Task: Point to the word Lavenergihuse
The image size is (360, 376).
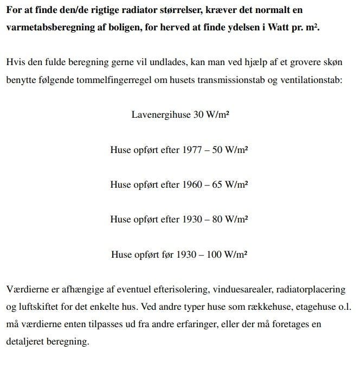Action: point(161,114)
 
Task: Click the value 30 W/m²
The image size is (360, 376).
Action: point(211,114)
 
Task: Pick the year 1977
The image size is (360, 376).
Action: point(192,150)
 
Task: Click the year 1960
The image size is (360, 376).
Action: point(192,184)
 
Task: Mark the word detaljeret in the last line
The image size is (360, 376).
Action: point(25,342)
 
